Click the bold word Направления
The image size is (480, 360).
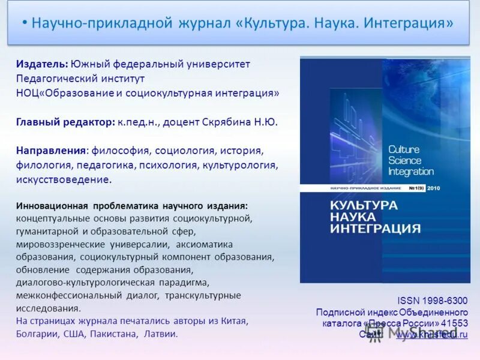(x=52, y=150)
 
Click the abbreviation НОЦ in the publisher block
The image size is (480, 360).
(x=27, y=93)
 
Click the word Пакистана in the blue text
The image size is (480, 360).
(x=113, y=334)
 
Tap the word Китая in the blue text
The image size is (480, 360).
(x=233, y=321)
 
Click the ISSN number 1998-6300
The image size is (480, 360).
(x=445, y=301)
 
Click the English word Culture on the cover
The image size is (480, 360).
(x=404, y=149)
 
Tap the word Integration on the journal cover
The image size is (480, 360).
(x=411, y=171)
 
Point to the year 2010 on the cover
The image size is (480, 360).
(x=434, y=188)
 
